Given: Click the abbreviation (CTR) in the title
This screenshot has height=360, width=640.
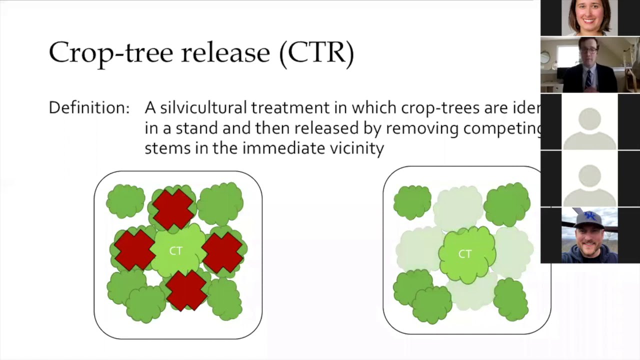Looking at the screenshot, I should pos(317,52).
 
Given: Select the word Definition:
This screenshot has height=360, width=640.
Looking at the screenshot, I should pos(89,107).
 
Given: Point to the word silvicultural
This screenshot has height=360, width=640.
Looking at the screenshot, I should pos(203,107).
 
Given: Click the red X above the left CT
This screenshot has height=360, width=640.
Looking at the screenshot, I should pos(173,208).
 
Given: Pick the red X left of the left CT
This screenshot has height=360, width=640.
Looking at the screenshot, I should pos(134,250).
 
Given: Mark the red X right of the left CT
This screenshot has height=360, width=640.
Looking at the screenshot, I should pos(222,252).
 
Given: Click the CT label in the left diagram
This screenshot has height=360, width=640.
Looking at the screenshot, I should pos(176,251).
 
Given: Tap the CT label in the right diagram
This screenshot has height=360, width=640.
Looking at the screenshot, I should pos(465,254).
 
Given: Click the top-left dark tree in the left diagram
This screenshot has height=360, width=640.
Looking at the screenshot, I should pos(125,201).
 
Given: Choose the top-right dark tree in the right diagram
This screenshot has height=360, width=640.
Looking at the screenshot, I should pos(507,204).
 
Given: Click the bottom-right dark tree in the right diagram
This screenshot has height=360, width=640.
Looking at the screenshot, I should pos(511,299).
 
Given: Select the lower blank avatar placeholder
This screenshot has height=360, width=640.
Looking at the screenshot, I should pos(589,178).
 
